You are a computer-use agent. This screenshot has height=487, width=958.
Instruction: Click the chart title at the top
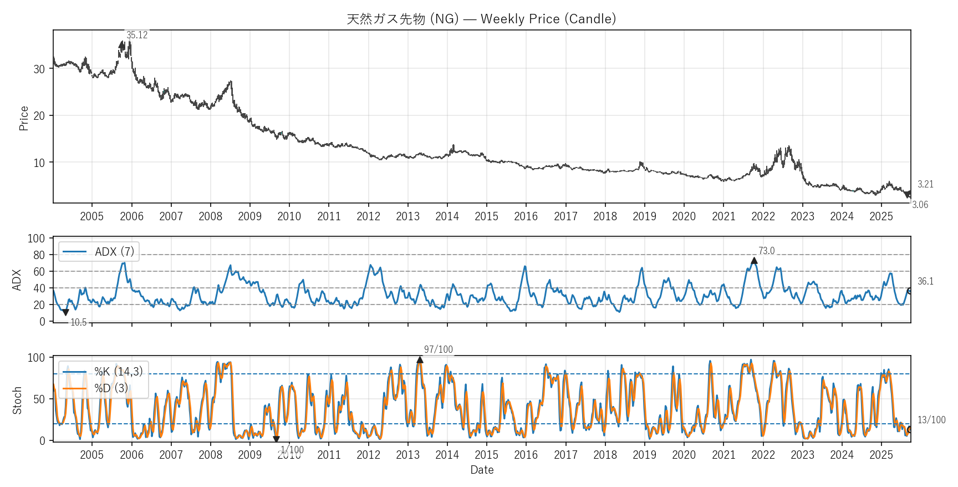click(481, 19)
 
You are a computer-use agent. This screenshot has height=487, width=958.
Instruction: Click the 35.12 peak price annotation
click(137, 35)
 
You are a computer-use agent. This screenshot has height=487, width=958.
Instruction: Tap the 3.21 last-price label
click(925, 184)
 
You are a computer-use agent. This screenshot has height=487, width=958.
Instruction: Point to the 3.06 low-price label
click(920, 205)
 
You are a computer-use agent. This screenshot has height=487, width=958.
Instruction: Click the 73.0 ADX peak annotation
click(766, 251)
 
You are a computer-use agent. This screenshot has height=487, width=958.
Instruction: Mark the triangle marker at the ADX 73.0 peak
click(754, 261)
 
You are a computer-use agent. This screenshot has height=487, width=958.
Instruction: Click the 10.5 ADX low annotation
click(78, 322)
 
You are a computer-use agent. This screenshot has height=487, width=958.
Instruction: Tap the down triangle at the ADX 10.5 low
click(65, 313)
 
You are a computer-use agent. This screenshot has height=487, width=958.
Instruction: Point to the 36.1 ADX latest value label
click(925, 281)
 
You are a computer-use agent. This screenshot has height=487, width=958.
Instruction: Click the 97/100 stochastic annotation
click(438, 349)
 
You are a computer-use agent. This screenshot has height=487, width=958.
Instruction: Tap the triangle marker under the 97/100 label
click(420, 359)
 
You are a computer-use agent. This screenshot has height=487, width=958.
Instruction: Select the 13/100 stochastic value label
click(931, 420)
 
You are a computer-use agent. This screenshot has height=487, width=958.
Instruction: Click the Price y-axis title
click(23, 118)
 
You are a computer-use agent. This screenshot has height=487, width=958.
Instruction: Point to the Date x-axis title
click(482, 470)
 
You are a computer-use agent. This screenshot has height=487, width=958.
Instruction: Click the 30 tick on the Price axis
click(39, 69)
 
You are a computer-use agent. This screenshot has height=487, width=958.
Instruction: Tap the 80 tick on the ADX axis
click(39, 255)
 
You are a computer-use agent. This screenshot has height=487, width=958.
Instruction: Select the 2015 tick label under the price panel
click(486, 216)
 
